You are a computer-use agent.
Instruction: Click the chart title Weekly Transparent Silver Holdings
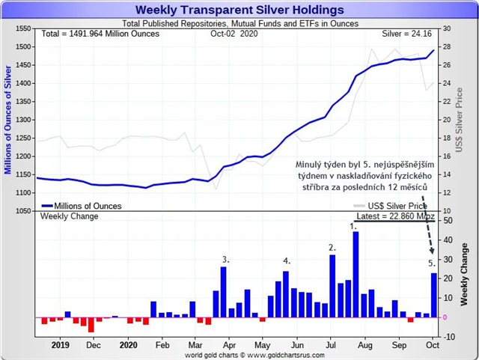click(x=240, y=10)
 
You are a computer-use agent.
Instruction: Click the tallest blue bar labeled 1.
click(x=356, y=274)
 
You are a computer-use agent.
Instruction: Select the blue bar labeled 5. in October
click(x=433, y=295)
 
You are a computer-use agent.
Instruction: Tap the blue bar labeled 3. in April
click(x=223, y=291)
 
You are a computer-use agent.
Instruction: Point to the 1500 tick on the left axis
click(x=22, y=47)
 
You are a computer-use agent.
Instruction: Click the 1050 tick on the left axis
click(x=22, y=211)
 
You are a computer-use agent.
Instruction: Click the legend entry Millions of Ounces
click(x=87, y=206)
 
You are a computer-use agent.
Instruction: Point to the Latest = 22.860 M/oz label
click(x=394, y=216)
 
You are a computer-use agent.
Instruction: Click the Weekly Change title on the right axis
click(x=465, y=273)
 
